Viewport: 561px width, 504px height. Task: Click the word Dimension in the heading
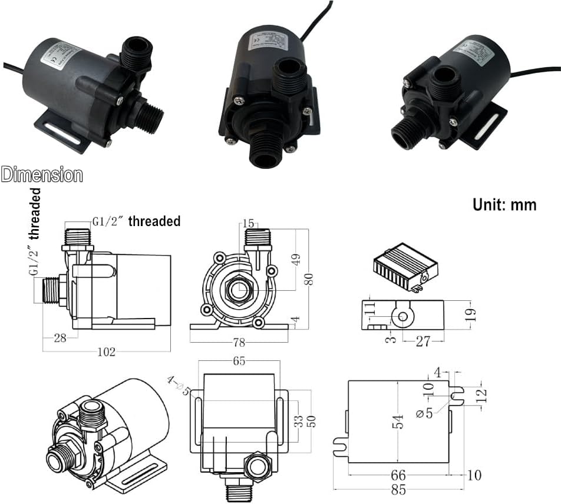(x=42, y=175)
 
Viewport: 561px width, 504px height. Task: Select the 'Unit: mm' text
(x=504, y=204)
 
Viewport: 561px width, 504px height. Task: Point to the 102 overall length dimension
(x=107, y=352)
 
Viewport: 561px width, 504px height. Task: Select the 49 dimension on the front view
(x=297, y=258)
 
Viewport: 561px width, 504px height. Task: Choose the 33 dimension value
(x=299, y=421)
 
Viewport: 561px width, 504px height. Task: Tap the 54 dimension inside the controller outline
(x=398, y=421)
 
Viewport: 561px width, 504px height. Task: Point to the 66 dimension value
(x=398, y=475)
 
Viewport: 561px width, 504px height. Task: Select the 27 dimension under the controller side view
(x=423, y=341)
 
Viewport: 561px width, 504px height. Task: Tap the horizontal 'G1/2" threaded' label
(x=136, y=221)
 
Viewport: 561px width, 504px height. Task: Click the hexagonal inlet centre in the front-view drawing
(x=239, y=290)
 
